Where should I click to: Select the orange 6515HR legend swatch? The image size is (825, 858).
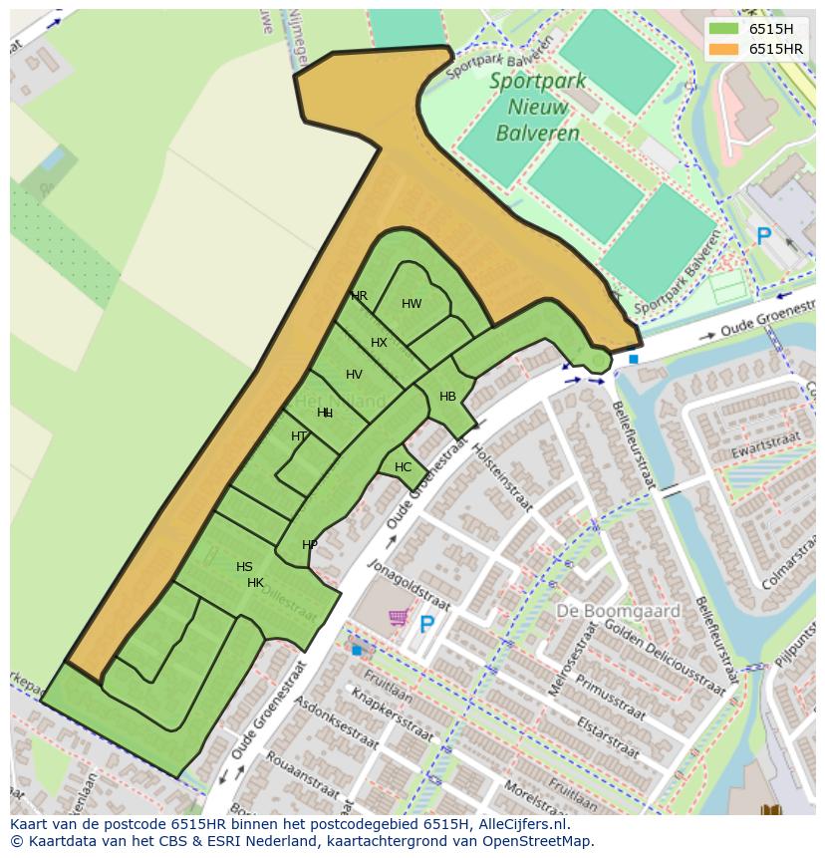click(723, 49)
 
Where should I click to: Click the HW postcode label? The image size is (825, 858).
click(412, 304)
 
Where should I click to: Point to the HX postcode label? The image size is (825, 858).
click(379, 343)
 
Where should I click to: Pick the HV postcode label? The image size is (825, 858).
click(354, 375)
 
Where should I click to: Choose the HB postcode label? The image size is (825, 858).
click(447, 397)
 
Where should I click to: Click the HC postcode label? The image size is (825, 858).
click(403, 467)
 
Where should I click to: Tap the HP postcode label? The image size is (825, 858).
click(310, 545)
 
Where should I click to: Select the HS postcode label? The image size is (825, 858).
click(244, 567)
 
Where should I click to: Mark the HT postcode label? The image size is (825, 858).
click(299, 436)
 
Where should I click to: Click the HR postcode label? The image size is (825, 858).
click(360, 296)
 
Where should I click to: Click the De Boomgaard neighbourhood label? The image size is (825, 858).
click(618, 611)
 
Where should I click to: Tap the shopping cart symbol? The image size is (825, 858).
click(399, 618)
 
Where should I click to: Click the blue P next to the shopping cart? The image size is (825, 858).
click(426, 625)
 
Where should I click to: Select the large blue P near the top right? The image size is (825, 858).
click(763, 237)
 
